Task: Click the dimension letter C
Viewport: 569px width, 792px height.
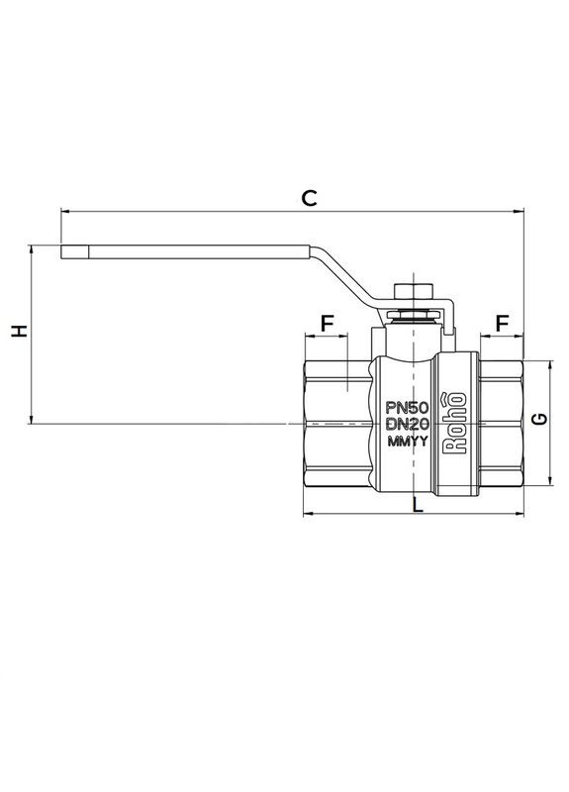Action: click(x=309, y=198)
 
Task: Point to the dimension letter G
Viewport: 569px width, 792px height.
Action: click(x=540, y=420)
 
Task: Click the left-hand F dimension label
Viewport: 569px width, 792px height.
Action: click(x=327, y=323)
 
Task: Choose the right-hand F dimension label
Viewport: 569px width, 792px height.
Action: click(x=502, y=323)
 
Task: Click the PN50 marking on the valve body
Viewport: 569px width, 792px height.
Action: click(x=406, y=407)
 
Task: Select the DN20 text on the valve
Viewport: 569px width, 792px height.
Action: click(x=406, y=425)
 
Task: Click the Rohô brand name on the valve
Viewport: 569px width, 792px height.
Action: click(x=456, y=424)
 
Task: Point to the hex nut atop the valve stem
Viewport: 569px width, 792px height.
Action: click(x=413, y=291)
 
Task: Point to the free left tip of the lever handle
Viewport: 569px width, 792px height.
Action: click(x=65, y=252)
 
